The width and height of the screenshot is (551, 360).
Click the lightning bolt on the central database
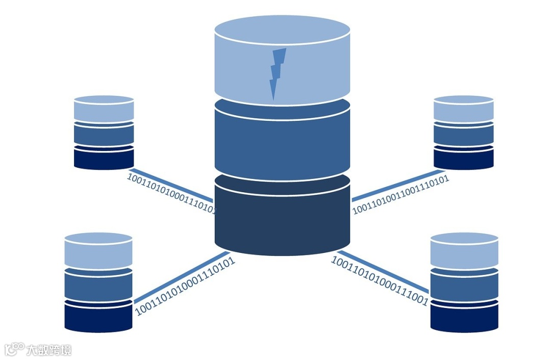pyautogui.click(x=277, y=71)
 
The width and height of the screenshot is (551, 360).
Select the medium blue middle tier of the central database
pyautogui.click(x=282, y=145)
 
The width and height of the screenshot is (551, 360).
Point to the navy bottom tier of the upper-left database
pyautogui.click(x=104, y=159)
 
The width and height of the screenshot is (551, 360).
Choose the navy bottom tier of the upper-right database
pyautogui.click(x=464, y=159)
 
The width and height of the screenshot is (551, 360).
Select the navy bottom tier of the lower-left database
pyautogui.click(x=98, y=318)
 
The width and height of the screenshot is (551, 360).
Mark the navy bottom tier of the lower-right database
pyautogui.click(x=464, y=318)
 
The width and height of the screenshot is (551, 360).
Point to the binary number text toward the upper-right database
pyautogui.click(x=400, y=194)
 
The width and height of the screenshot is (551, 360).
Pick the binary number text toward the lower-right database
pyautogui.click(x=380, y=281)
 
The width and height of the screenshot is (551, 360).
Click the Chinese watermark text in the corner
pyautogui.click(x=49, y=350)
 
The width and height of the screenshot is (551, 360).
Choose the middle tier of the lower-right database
pyautogui.click(x=464, y=286)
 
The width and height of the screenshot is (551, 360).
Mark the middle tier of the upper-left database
pyautogui.click(x=104, y=135)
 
